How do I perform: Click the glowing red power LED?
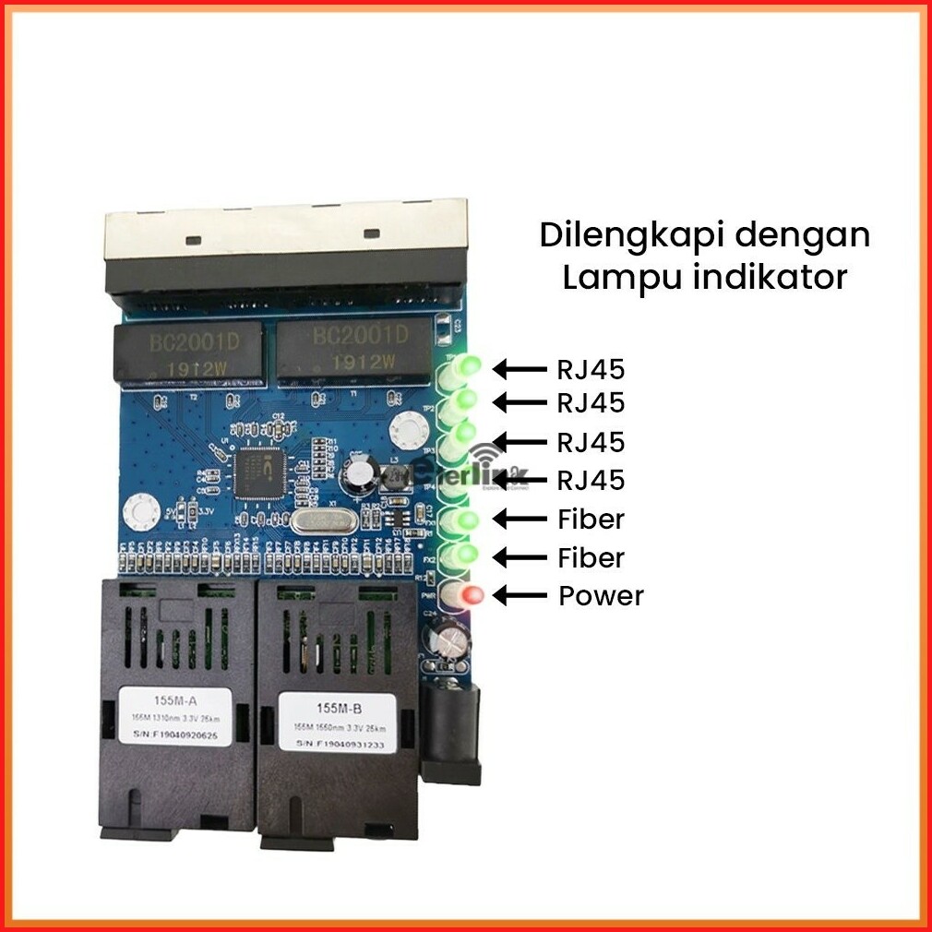471,595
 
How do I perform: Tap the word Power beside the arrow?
601,596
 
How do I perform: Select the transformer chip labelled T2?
185,353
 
